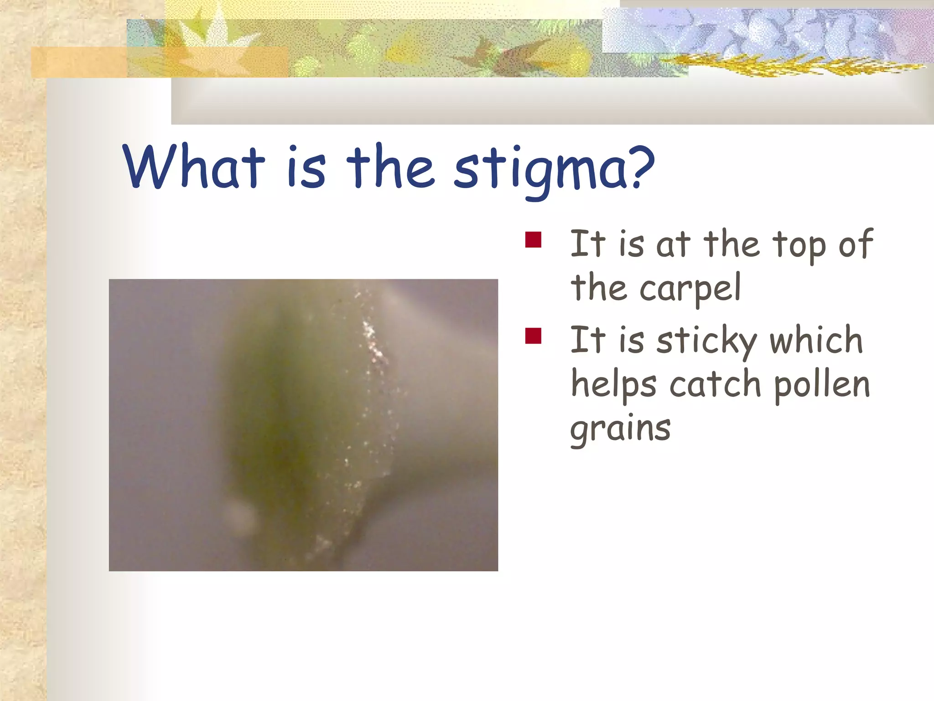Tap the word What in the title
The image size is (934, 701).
coord(194,167)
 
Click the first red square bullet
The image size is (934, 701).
coord(533,240)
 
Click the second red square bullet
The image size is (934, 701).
coord(533,336)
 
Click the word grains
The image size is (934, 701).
coord(620,429)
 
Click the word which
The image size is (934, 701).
coord(816,340)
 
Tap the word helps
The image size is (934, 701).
coord(614,384)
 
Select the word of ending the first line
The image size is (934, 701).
coord(855,245)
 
